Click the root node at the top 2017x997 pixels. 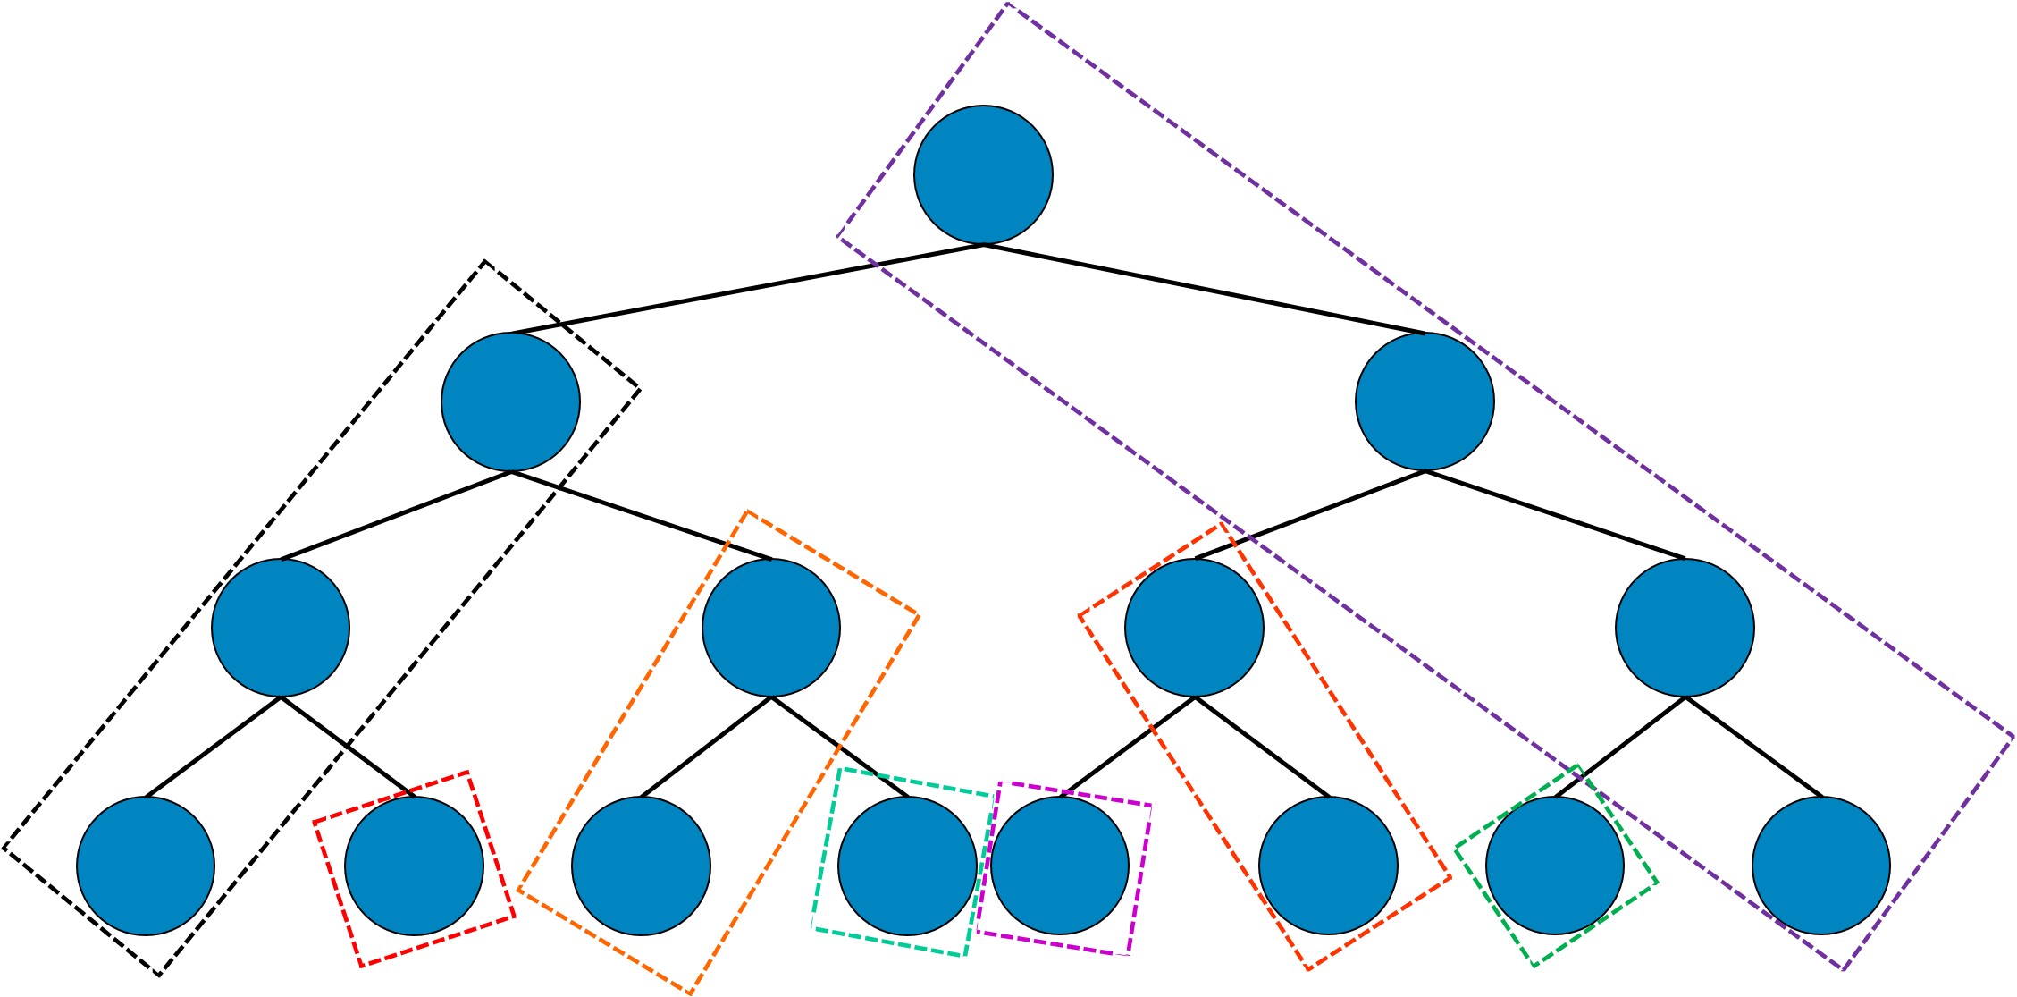tap(983, 175)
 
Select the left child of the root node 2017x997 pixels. tap(510, 401)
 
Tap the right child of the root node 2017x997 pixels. tap(1425, 401)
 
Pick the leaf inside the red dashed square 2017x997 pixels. tap(414, 866)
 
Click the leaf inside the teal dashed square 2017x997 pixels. tap(907, 866)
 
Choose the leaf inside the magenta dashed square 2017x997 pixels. tap(1060, 866)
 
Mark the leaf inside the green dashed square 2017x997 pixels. tap(1555, 866)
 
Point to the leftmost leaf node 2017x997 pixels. tap(146, 866)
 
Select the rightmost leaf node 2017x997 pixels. tap(1821, 866)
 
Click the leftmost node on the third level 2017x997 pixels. tap(281, 628)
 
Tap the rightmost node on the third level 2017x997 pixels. tap(1685, 628)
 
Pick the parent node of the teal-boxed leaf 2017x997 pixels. tap(771, 628)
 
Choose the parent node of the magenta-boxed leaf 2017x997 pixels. tap(1195, 628)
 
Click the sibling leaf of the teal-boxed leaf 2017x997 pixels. tap(641, 866)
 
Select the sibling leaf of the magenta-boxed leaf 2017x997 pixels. tap(1328, 866)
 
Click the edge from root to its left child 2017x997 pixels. tap(746, 289)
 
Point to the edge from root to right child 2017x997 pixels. tap(1204, 289)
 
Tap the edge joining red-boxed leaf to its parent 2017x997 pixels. tap(347, 746)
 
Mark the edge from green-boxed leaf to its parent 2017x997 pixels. tap(1619, 746)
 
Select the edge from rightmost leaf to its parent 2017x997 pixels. tap(1753, 746)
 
